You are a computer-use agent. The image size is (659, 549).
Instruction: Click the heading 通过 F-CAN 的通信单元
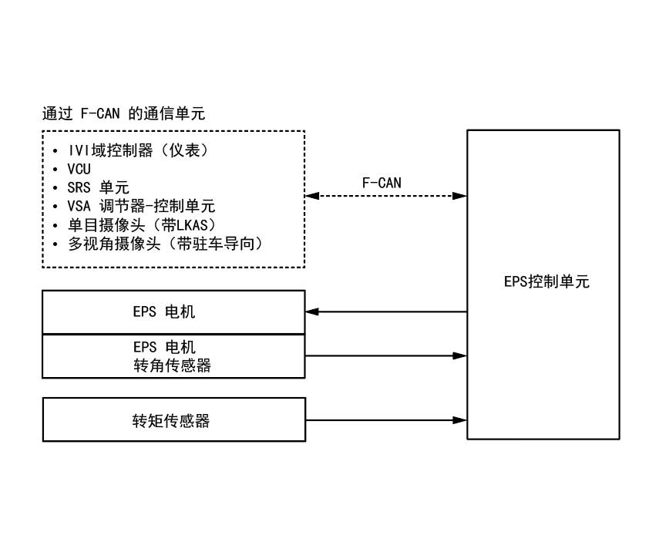[123, 114]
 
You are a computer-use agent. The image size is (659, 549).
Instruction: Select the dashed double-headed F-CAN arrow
[386, 197]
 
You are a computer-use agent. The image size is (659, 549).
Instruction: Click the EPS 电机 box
[173, 312]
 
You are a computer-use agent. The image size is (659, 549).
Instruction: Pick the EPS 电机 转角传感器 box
[173, 356]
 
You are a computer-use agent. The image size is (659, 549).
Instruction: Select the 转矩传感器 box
[173, 421]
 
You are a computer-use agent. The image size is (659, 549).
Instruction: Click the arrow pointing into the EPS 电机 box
[386, 312]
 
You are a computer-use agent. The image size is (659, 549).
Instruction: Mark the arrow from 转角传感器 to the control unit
[386, 355]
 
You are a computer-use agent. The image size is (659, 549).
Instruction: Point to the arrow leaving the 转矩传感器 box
[386, 420]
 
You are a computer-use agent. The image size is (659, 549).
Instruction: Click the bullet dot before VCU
[56, 168]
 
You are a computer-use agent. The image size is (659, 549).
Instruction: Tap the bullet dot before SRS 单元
[56, 187]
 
